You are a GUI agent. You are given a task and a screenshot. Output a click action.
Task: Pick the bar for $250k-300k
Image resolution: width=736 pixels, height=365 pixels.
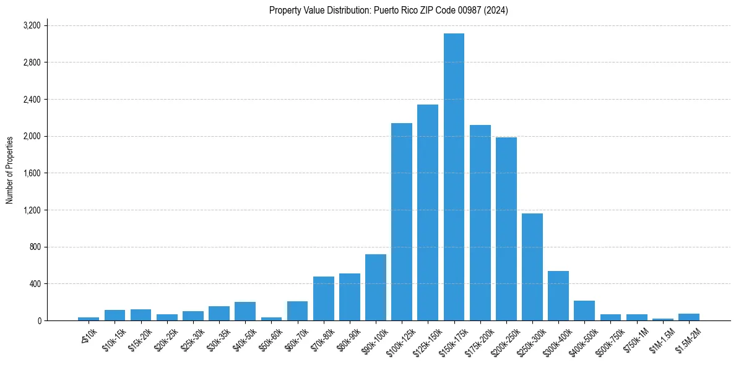click(532, 267)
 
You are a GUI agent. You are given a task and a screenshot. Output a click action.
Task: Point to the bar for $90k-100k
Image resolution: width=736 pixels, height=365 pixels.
click(376, 287)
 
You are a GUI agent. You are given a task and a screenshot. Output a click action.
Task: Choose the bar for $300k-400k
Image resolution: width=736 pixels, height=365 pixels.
click(558, 296)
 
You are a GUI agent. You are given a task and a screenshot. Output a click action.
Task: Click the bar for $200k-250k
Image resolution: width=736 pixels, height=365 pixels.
click(506, 229)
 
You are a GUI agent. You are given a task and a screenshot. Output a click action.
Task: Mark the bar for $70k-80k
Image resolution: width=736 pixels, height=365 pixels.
click(324, 298)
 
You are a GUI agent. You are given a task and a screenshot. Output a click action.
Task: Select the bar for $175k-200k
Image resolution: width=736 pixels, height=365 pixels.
click(480, 223)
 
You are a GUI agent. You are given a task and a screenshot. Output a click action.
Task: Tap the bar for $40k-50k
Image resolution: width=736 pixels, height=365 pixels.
click(245, 311)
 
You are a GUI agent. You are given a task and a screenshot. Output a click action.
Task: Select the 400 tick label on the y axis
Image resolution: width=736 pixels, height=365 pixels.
click(35, 284)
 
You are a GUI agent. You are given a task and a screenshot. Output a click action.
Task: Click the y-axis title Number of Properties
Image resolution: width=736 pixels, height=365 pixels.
click(10, 170)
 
